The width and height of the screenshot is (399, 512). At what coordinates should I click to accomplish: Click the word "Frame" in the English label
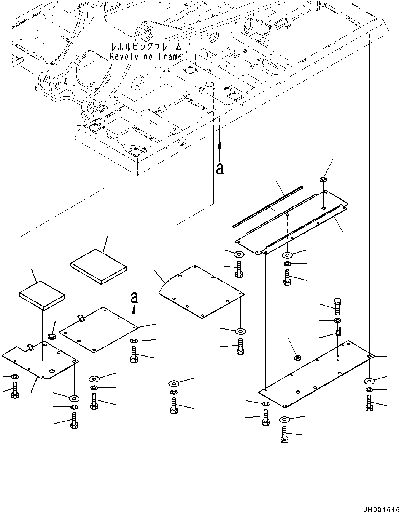pos(169,57)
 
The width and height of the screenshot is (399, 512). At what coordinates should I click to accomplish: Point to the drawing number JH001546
pos(381,509)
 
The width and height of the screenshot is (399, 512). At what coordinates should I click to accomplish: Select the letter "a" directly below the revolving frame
pos(220,169)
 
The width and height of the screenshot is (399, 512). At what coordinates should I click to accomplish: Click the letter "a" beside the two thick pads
pos(134,298)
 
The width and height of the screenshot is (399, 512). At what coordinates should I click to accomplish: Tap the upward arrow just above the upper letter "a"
pos(219,151)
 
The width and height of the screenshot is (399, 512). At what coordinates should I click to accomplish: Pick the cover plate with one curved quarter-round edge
pos(201,292)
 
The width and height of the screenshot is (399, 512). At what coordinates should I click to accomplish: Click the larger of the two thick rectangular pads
pos(99,267)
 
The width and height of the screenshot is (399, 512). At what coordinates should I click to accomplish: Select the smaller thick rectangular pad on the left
pos(42,296)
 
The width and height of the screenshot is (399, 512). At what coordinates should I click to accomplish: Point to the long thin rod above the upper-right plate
pos(267,207)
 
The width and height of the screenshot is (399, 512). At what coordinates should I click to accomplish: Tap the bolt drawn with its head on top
pos(337,307)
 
